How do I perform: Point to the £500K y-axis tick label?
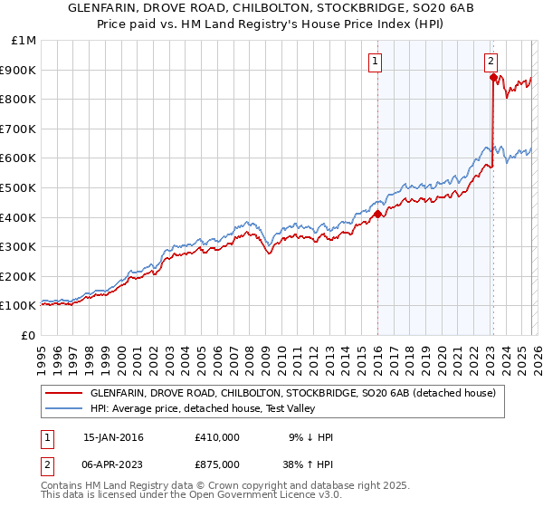[x=21, y=188]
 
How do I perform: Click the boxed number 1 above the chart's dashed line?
[x=375, y=62]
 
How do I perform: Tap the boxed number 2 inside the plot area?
[x=490, y=62]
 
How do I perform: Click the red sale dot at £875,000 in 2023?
[x=493, y=78]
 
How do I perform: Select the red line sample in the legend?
[x=63, y=394]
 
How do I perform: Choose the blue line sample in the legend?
[x=63, y=408]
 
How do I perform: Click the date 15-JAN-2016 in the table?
[x=113, y=437]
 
